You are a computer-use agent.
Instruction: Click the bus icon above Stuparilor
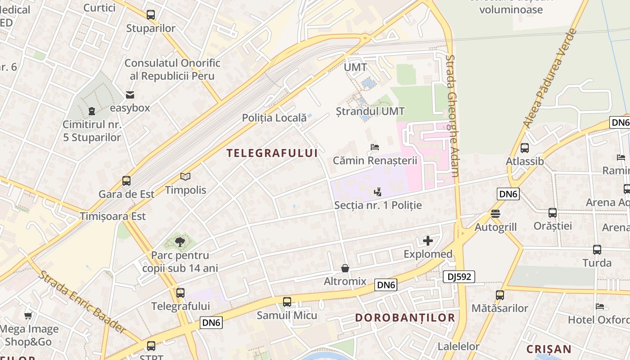coord(151,15)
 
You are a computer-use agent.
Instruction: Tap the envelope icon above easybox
coord(130,95)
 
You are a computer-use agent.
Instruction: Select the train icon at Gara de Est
coord(126,181)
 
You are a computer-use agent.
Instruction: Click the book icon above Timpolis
coord(185,177)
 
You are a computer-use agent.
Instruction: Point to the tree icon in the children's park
coord(180,242)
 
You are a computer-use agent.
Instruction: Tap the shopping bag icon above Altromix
coord(345,268)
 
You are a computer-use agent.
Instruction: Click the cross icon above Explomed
coord(427,241)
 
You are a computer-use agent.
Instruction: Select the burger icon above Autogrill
coord(495,214)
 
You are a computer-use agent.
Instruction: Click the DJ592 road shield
coord(459,277)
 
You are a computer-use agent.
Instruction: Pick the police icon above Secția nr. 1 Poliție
coord(378,192)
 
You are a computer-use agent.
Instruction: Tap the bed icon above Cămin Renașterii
coord(375,147)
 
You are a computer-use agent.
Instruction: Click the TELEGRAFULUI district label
coord(272,153)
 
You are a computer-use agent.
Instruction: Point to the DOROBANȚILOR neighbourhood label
coord(405,318)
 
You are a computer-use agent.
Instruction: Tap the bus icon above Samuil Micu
coord(287,302)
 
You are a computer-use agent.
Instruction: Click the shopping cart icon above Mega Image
coord(28,316)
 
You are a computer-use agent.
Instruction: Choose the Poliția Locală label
coord(274,118)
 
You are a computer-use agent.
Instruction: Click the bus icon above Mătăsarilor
coord(500,295)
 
